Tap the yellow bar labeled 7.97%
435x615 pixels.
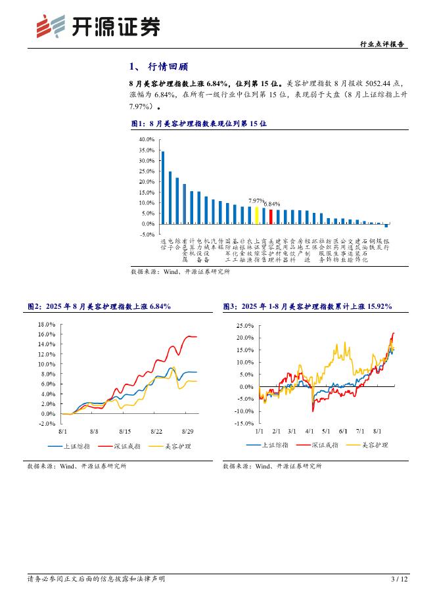click(x=256, y=216)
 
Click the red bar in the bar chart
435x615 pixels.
click(x=271, y=216)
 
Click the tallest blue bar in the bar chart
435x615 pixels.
click(x=163, y=187)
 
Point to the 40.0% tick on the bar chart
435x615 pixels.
click(x=147, y=140)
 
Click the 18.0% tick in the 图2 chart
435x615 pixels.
click(x=47, y=325)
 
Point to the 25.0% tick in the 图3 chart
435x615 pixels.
click(x=244, y=326)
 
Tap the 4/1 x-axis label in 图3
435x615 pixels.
click(x=309, y=431)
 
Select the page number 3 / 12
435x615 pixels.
click(x=400, y=579)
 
